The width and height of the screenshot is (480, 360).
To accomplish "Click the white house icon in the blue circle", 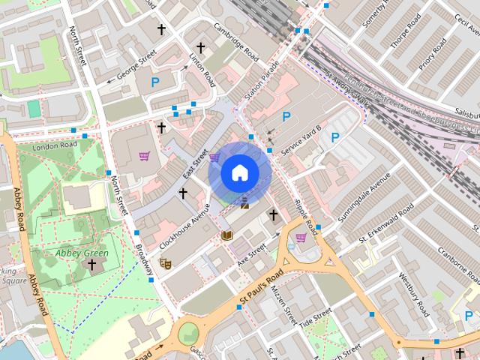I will pyautogui.click(x=239, y=172).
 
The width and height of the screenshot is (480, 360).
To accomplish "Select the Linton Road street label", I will pyautogui.click(x=203, y=66).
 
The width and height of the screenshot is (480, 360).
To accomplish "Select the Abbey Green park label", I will pyautogui.click(x=82, y=253).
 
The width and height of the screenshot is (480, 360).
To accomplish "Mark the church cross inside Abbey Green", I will pyautogui.click(x=91, y=265).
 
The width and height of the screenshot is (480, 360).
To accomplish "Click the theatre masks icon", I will pyautogui.click(x=166, y=262).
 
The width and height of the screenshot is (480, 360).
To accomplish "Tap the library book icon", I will pyautogui.click(x=227, y=235).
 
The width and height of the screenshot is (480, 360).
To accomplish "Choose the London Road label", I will pyautogui.click(x=55, y=145).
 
